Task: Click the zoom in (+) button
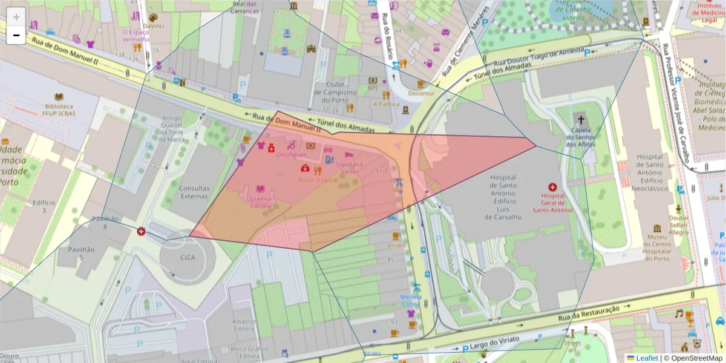(x=16, y=17)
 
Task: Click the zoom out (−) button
(x=16, y=35)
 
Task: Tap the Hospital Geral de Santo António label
(x=552, y=203)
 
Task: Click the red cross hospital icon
(x=552, y=188)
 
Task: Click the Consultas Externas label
(x=194, y=192)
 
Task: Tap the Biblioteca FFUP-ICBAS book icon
(x=59, y=97)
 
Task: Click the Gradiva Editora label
(x=260, y=201)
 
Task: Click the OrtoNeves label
(x=291, y=155)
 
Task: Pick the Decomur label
(x=421, y=94)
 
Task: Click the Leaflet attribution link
(x=647, y=358)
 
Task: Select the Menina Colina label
(x=411, y=301)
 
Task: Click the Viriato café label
(x=396, y=246)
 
